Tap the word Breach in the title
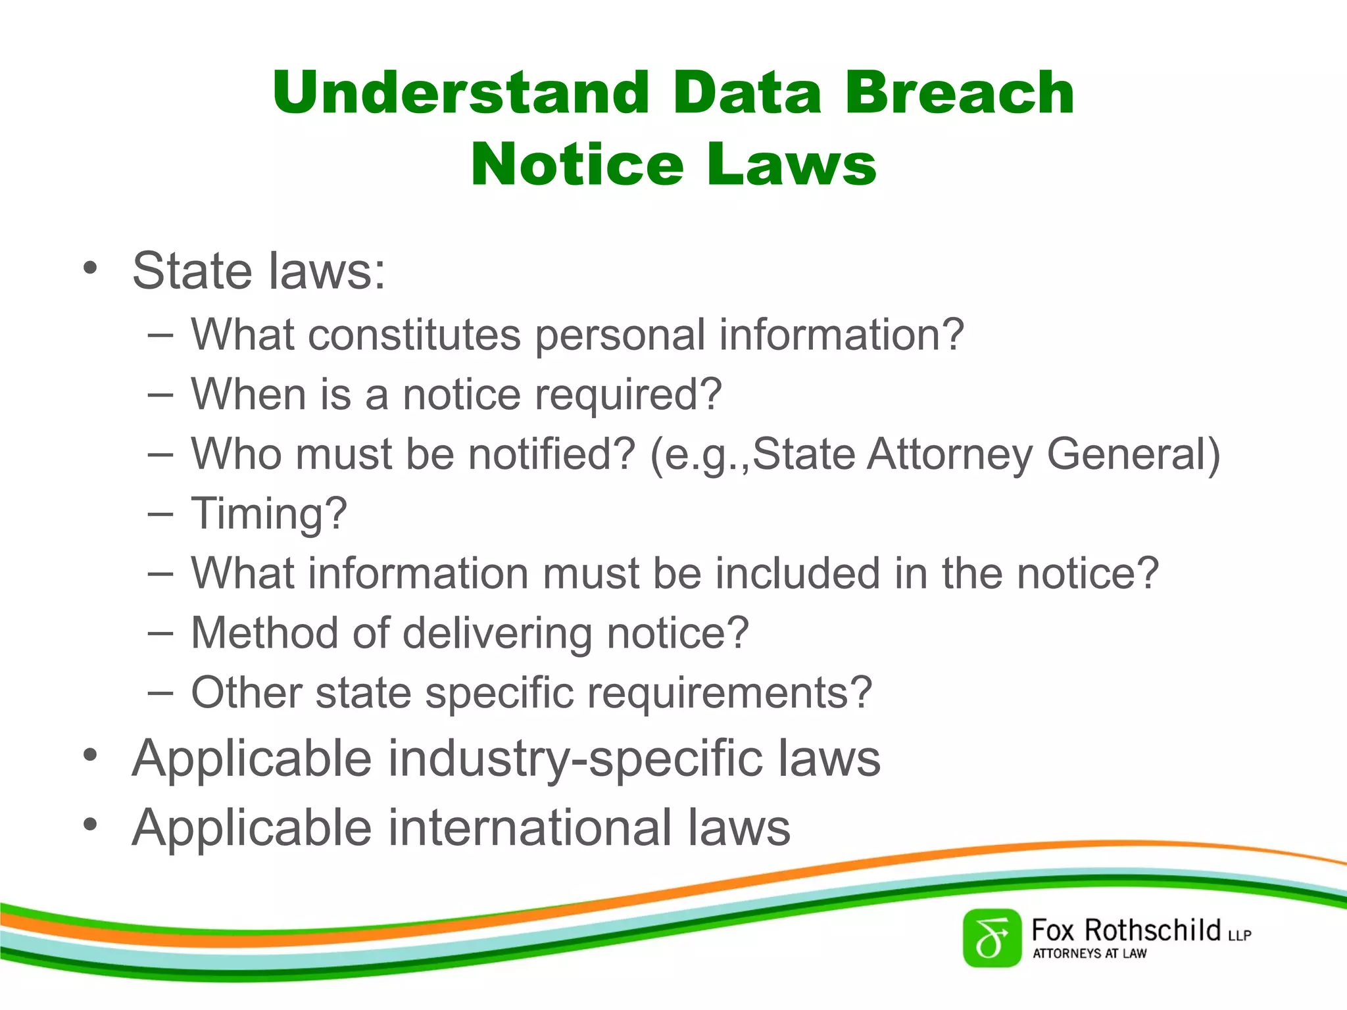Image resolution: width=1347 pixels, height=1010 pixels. click(x=960, y=93)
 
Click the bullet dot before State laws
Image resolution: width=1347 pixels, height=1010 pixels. click(x=90, y=268)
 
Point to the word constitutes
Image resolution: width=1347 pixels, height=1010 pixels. click(x=414, y=335)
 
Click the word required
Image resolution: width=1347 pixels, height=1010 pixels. click(x=628, y=395)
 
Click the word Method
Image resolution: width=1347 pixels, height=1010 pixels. click(x=264, y=633)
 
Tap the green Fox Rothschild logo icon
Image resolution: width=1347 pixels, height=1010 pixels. click(x=992, y=938)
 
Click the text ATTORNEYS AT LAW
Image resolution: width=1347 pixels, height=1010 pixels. click(x=1089, y=953)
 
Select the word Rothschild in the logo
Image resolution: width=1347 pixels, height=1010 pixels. click(x=1152, y=930)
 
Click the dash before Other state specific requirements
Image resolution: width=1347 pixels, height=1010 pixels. click(x=160, y=692)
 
